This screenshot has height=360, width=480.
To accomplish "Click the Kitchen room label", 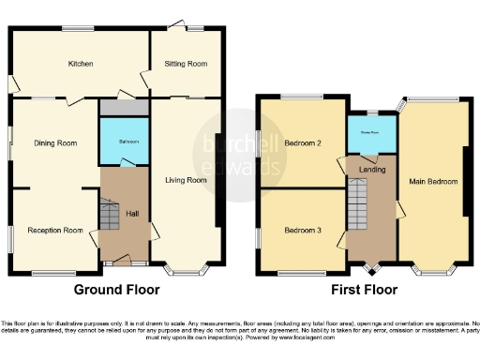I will (x=79, y=65).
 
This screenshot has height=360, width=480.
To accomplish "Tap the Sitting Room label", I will (x=187, y=65).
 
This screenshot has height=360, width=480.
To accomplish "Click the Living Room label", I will (x=186, y=180).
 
